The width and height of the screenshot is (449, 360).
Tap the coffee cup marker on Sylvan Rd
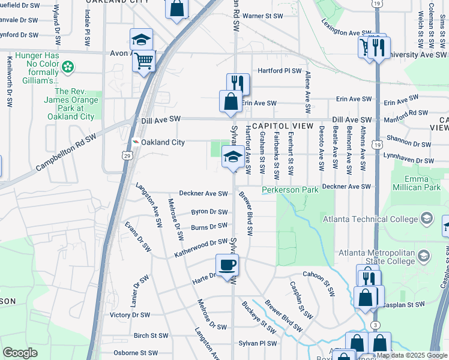point(228,265)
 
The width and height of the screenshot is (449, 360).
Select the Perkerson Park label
point(290,190)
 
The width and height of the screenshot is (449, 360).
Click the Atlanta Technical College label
point(370,219)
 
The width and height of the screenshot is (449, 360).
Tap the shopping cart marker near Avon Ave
point(144,60)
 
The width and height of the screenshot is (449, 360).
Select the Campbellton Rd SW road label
point(66,153)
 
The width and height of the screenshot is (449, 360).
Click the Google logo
point(20,353)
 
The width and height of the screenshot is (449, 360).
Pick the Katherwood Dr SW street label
point(201,248)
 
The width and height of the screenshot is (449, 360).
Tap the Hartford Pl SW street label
point(279,71)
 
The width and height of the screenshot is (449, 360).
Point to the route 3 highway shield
point(375,325)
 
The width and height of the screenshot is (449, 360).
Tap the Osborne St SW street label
point(136,353)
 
